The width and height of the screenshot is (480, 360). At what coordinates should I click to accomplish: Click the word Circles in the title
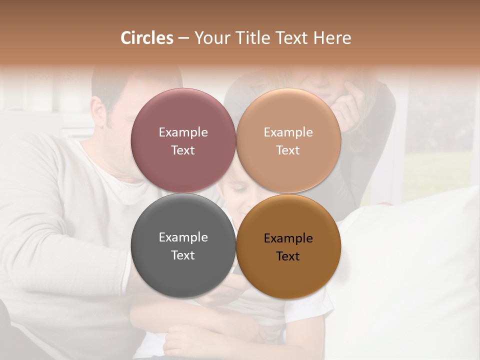(147, 38)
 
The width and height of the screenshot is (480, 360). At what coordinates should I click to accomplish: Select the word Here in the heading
(332, 38)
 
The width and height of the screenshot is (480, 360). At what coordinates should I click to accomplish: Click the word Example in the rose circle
(183, 132)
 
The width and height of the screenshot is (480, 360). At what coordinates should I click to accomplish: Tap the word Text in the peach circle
(288, 150)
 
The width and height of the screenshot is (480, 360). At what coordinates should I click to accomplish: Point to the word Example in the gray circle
(183, 237)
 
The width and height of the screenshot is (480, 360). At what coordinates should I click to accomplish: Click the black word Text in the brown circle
(288, 256)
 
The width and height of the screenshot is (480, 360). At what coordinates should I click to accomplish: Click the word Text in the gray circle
(183, 255)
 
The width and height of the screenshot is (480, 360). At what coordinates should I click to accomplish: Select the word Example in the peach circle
(288, 132)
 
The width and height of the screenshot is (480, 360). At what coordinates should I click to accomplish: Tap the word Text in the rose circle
(183, 150)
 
